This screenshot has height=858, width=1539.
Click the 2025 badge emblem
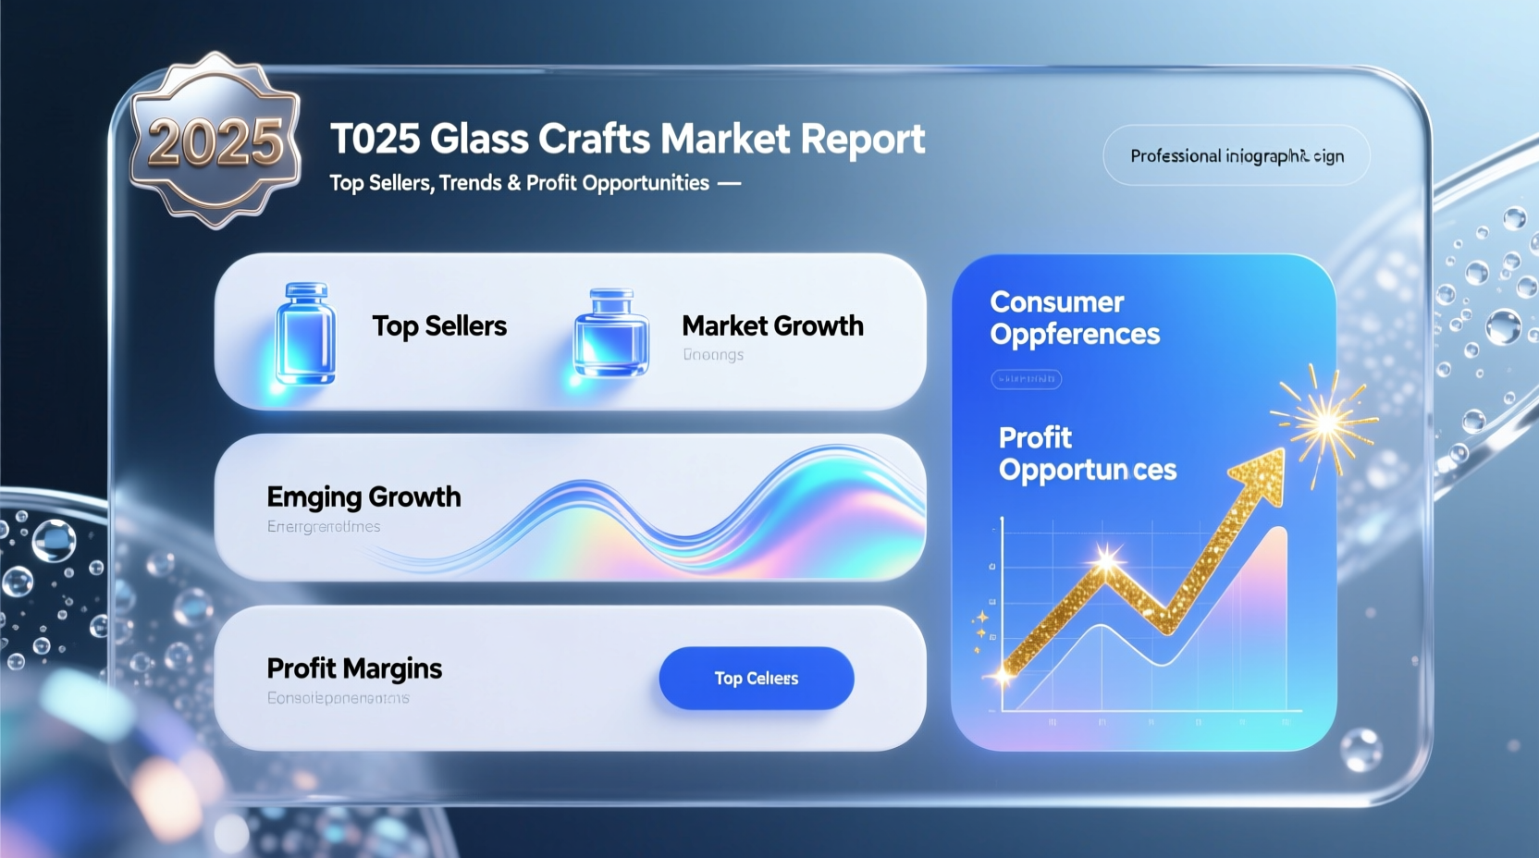coord(215,141)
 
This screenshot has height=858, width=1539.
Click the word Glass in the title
coord(479,140)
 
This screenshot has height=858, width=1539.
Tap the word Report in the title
coord(862,140)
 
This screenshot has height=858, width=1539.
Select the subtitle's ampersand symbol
coord(513,183)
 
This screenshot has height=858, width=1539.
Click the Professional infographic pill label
coord(1237,155)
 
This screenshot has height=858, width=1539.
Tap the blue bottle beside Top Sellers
coord(305,333)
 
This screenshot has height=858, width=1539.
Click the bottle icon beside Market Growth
coord(611,335)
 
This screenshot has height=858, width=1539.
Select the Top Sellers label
coord(439,326)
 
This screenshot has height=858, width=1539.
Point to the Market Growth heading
coord(772,325)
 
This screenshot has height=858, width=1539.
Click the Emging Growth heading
coord(363,497)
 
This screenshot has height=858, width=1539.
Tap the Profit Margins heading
coord(354,668)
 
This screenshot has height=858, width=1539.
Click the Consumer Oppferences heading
coord(1074,318)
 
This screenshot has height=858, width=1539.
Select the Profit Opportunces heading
coord(1087,453)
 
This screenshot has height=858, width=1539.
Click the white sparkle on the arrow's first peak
coord(1107,559)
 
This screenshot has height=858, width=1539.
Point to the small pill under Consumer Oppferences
coord(1026,379)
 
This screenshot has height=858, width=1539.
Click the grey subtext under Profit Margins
coord(338,698)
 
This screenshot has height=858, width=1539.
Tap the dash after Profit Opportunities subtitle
coord(729,183)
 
